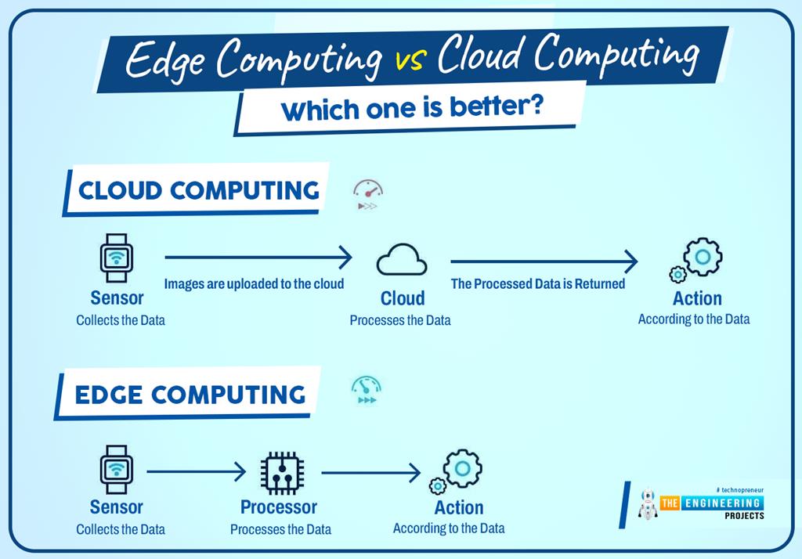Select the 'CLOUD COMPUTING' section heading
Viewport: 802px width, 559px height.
click(x=199, y=190)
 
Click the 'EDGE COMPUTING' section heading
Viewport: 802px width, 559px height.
click(x=190, y=394)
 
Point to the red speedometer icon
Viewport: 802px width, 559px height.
click(x=367, y=194)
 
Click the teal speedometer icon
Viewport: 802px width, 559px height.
click(x=366, y=390)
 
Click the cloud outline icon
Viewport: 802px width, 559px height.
click(x=402, y=260)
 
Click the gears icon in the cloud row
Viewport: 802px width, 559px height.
click(x=696, y=261)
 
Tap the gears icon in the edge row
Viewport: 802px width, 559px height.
click(x=456, y=471)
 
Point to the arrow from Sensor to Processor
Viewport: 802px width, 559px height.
click(x=197, y=471)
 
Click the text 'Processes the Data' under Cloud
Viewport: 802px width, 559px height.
click(x=399, y=320)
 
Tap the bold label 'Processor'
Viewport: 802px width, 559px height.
click(x=279, y=507)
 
